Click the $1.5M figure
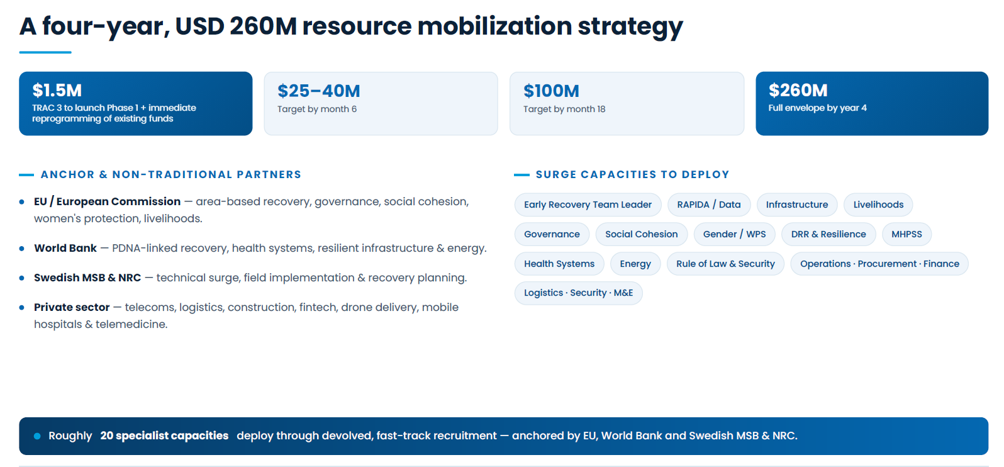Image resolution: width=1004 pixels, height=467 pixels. (x=57, y=90)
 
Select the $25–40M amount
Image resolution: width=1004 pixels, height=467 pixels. (x=319, y=91)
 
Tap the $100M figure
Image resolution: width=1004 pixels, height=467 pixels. (x=551, y=91)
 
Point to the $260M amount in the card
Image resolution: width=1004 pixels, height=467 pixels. (x=798, y=90)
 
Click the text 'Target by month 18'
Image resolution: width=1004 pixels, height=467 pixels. (x=564, y=109)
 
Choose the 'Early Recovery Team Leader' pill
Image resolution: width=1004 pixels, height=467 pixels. (x=588, y=205)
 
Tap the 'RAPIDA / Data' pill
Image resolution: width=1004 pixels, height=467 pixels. (x=708, y=205)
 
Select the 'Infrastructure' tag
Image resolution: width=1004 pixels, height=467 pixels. (x=797, y=205)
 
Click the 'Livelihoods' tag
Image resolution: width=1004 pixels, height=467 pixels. (x=878, y=205)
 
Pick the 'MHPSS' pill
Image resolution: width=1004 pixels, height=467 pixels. (x=906, y=234)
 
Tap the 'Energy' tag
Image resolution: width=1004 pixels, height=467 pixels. (x=635, y=264)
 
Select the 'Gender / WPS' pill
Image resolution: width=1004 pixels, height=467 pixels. (x=734, y=234)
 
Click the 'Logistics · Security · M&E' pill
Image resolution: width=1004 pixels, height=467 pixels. (x=578, y=293)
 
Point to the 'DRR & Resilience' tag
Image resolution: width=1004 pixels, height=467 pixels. (x=828, y=234)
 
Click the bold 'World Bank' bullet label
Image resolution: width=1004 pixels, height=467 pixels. (x=65, y=248)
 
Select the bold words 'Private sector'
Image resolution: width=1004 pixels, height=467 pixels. (x=72, y=307)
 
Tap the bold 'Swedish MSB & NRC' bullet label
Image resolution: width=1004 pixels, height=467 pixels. (x=87, y=278)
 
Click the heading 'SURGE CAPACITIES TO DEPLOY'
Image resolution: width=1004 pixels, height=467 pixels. (x=632, y=174)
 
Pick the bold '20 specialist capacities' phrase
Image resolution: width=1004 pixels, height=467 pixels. (x=164, y=436)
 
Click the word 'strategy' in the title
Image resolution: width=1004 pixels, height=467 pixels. (x=630, y=27)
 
